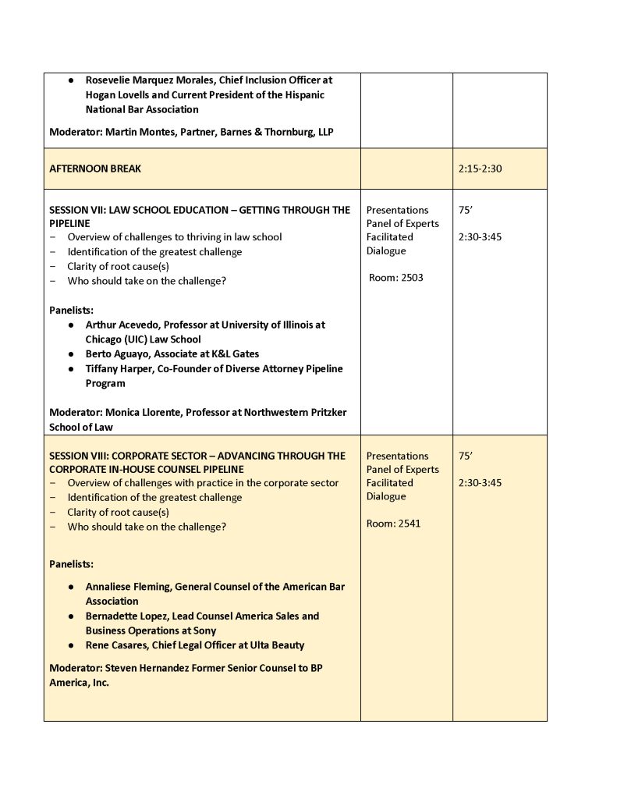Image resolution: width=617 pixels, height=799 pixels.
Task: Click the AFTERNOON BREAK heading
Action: (95, 169)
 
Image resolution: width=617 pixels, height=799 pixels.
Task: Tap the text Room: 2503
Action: (396, 277)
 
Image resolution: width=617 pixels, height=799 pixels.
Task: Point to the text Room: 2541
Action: (393, 523)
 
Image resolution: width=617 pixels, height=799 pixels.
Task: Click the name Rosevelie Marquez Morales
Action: (147, 80)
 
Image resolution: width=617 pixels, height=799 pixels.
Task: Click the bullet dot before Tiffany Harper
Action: (71, 369)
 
